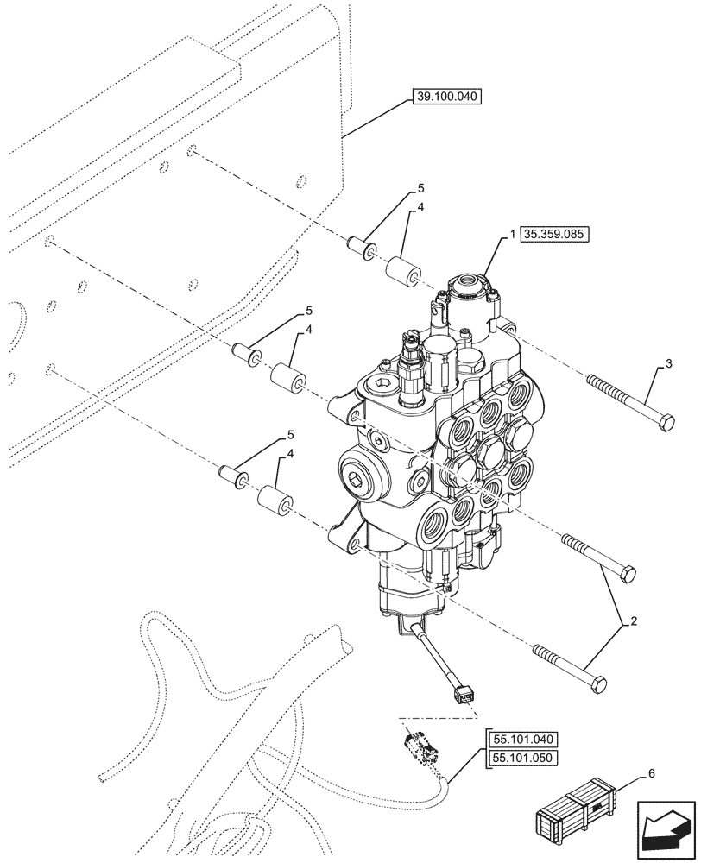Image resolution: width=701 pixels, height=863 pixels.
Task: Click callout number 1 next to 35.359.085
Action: (x=513, y=235)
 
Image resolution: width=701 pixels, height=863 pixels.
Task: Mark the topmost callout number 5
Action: (x=421, y=187)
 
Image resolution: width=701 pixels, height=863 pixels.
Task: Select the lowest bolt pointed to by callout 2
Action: (x=569, y=665)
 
